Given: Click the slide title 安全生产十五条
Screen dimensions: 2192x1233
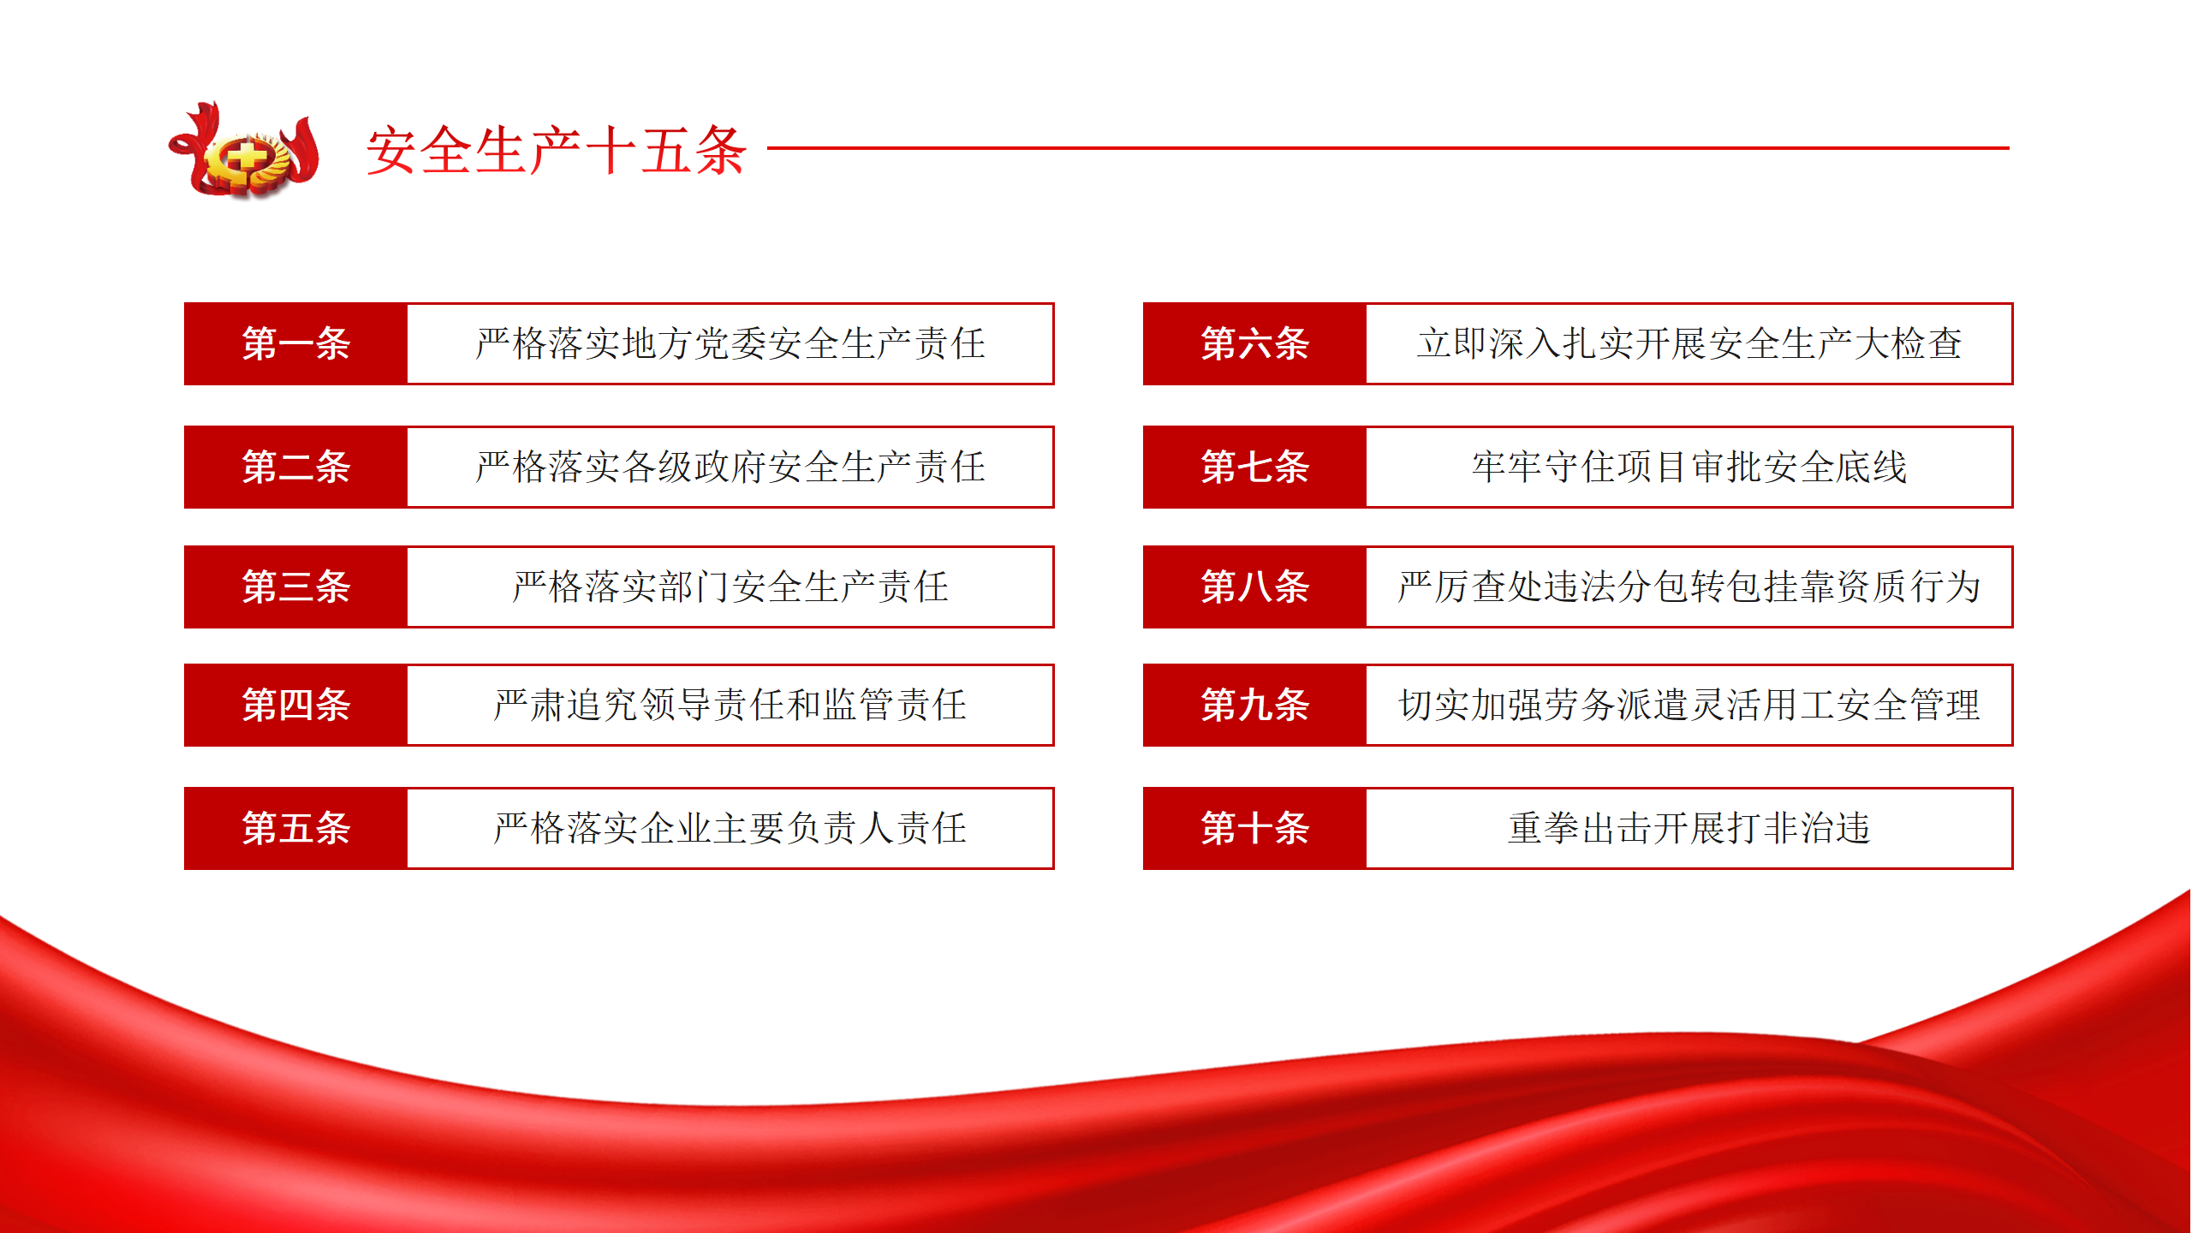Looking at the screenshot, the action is (x=557, y=151).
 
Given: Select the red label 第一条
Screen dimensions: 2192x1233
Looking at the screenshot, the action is (x=295, y=343).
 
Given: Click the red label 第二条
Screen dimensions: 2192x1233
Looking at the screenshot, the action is (x=295, y=467).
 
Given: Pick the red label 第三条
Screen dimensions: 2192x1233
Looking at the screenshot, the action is (x=295, y=587).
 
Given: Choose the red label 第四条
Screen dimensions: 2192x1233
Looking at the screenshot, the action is (x=295, y=705).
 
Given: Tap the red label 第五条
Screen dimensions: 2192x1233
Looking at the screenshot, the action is (x=295, y=828).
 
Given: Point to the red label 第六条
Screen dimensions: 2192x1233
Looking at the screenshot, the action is (x=1254, y=343).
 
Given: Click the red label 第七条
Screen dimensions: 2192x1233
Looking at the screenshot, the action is (x=1254, y=467).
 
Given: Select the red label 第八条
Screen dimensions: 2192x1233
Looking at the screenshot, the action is (x=1254, y=587).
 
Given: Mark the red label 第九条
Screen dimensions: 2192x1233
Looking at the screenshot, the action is (x=1254, y=705).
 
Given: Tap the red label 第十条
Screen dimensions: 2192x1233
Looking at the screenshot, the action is (x=1254, y=828).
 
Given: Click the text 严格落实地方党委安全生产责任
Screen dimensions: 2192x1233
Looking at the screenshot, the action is (x=730, y=343).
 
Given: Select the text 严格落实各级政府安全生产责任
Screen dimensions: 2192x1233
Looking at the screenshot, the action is (x=730, y=467).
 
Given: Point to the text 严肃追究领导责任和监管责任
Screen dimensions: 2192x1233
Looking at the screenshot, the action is (x=730, y=705).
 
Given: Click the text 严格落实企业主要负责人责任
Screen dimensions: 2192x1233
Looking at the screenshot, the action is (x=730, y=828).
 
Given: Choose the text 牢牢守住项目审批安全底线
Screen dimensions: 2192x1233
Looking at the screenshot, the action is (x=1689, y=467).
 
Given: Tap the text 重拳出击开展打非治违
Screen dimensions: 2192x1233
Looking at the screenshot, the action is (x=1689, y=828).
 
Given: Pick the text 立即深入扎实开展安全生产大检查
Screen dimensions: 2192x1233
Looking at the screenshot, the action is (x=1689, y=343).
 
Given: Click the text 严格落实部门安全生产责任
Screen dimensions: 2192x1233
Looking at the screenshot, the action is (x=730, y=587).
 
